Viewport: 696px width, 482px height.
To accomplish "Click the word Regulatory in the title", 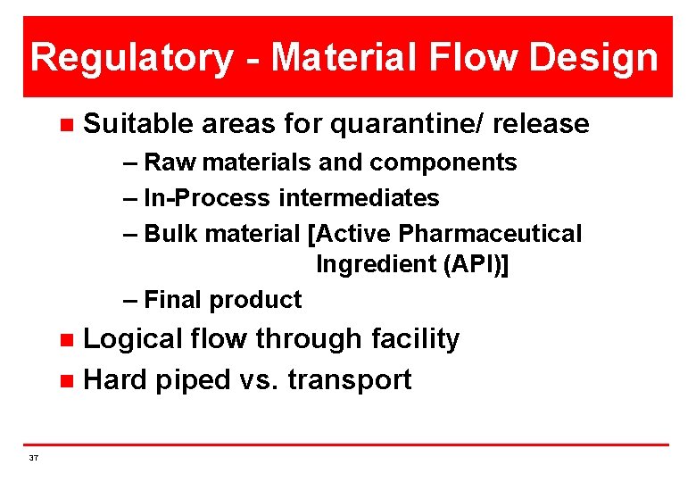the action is [131, 58].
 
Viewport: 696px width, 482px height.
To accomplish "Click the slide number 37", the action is [34, 458].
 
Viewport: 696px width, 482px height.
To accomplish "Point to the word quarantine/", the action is [406, 124].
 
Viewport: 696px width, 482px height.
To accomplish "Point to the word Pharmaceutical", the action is [490, 234].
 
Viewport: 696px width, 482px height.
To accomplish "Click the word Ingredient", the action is [368, 265].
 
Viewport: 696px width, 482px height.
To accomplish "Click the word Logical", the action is [135, 339].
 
